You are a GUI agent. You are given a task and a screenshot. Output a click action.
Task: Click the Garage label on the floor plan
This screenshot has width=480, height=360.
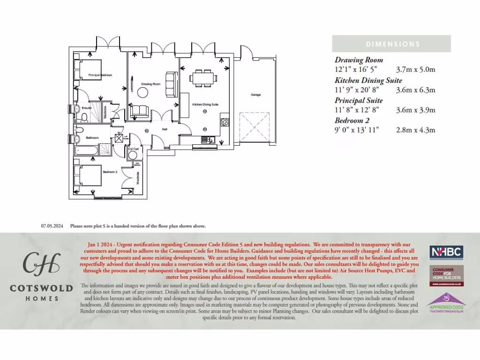tap(255, 95)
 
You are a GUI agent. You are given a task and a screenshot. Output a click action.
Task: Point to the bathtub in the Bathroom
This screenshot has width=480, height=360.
tap(86, 150)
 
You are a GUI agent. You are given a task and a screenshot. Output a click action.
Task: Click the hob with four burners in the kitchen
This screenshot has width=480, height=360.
tap(225, 122)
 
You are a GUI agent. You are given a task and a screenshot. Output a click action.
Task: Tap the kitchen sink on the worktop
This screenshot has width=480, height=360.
tap(206, 139)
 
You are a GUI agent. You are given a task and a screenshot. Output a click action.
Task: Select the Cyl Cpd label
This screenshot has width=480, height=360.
tap(133, 149)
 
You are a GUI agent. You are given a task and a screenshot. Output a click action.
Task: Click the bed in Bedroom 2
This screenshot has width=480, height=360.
tap(89, 176)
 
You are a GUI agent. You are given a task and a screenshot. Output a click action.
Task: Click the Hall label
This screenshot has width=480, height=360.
tap(165, 129)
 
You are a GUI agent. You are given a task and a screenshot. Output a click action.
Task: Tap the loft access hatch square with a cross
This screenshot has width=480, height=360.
tap(119, 137)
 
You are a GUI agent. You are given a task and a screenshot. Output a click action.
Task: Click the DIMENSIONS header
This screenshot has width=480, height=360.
tap(393, 44)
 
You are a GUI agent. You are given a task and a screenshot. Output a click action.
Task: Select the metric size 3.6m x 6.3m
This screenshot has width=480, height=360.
tap(416, 90)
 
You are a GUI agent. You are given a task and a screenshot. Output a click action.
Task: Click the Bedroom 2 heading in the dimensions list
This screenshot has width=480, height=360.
tap(352, 120)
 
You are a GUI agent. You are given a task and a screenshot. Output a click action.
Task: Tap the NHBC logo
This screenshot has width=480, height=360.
tap(446, 252)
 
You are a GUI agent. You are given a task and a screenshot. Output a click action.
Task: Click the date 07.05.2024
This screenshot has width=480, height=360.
tap(52, 226)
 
